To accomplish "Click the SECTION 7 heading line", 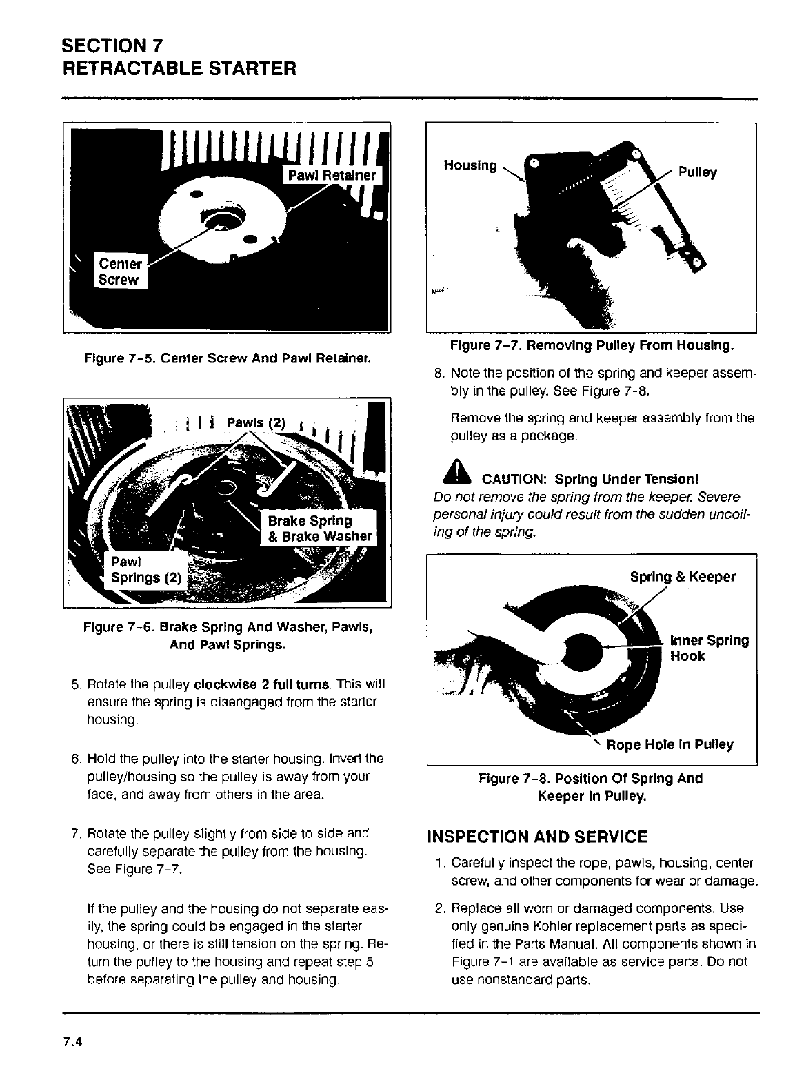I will (x=113, y=46).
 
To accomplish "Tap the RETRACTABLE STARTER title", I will (x=179, y=69).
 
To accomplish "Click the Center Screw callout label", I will (x=120, y=272).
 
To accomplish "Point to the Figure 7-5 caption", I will (x=227, y=358).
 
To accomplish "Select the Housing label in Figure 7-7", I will (x=470, y=165).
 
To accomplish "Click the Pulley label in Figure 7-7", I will (x=697, y=172).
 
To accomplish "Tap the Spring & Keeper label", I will (x=683, y=577).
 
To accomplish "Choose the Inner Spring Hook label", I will (x=709, y=648).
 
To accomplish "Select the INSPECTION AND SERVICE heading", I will (x=537, y=837).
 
